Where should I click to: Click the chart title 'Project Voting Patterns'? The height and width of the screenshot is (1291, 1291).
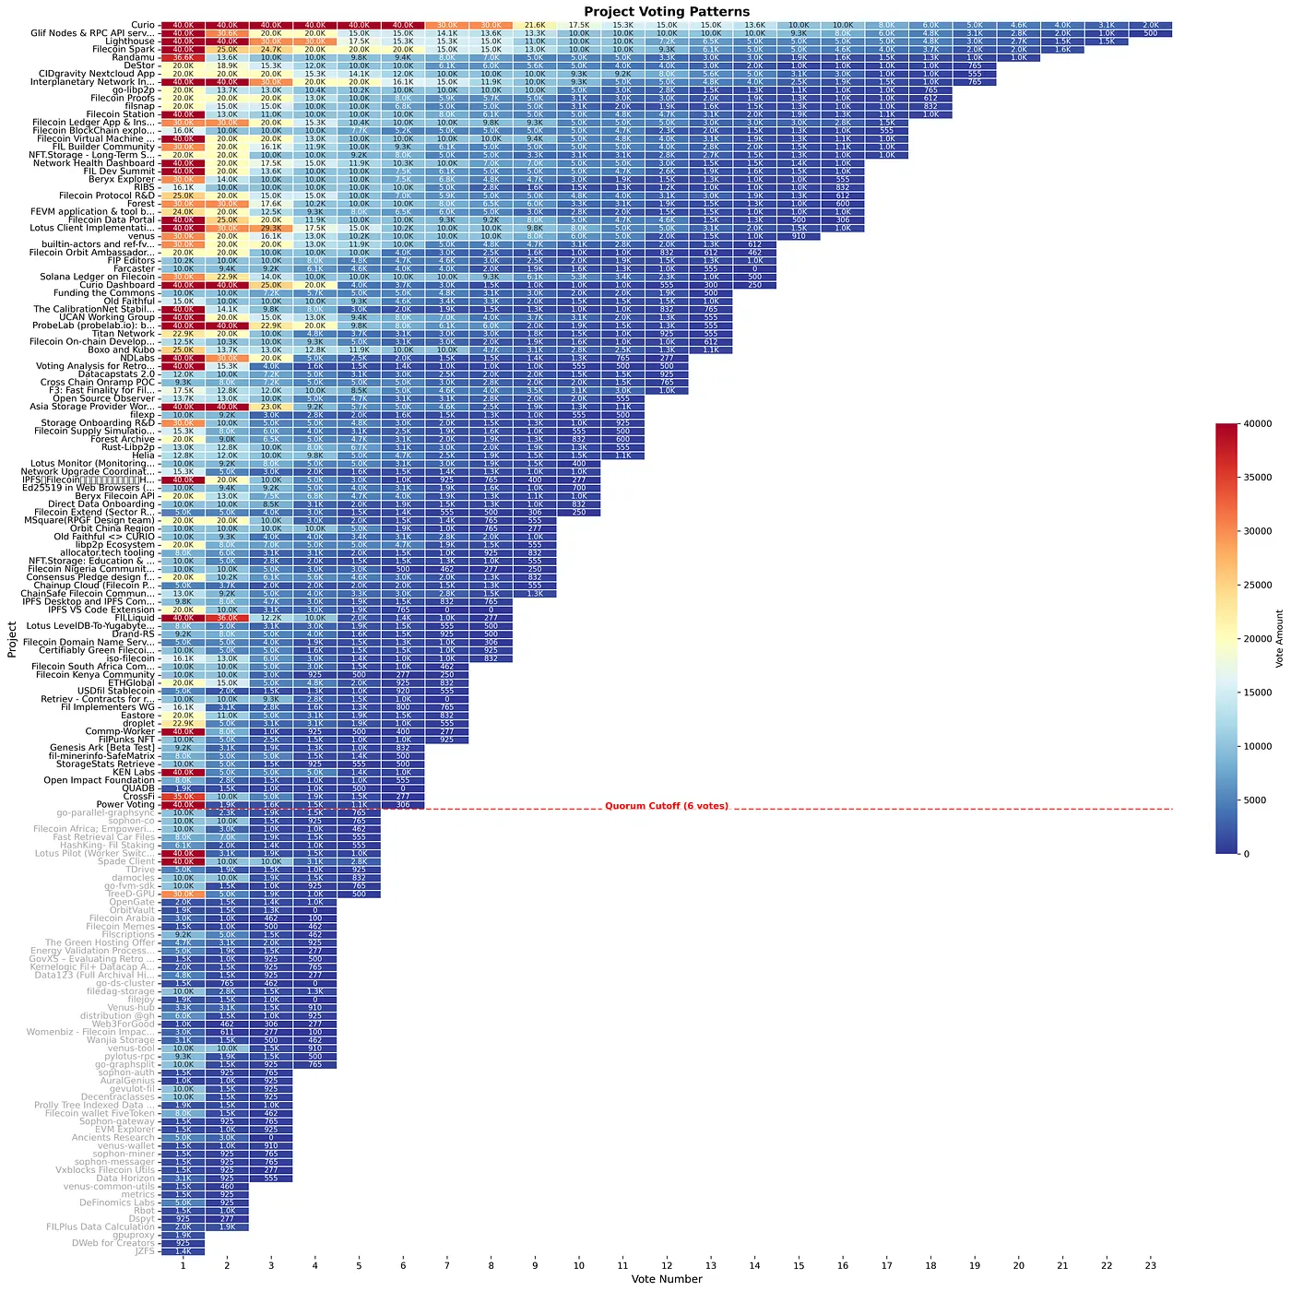[x=667, y=12]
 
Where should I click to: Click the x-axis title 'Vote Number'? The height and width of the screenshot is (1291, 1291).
[x=667, y=1279]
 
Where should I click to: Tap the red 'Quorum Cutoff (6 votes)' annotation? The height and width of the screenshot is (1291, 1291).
[x=666, y=806]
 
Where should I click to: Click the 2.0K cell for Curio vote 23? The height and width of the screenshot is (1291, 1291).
[x=1150, y=25]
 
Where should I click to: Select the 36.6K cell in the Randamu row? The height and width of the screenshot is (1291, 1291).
[x=183, y=57]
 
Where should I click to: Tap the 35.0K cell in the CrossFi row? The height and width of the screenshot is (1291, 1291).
[x=183, y=797]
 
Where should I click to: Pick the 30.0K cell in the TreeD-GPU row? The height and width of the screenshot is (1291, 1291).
[x=183, y=894]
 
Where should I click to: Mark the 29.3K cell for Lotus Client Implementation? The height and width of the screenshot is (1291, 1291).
[x=270, y=227]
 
